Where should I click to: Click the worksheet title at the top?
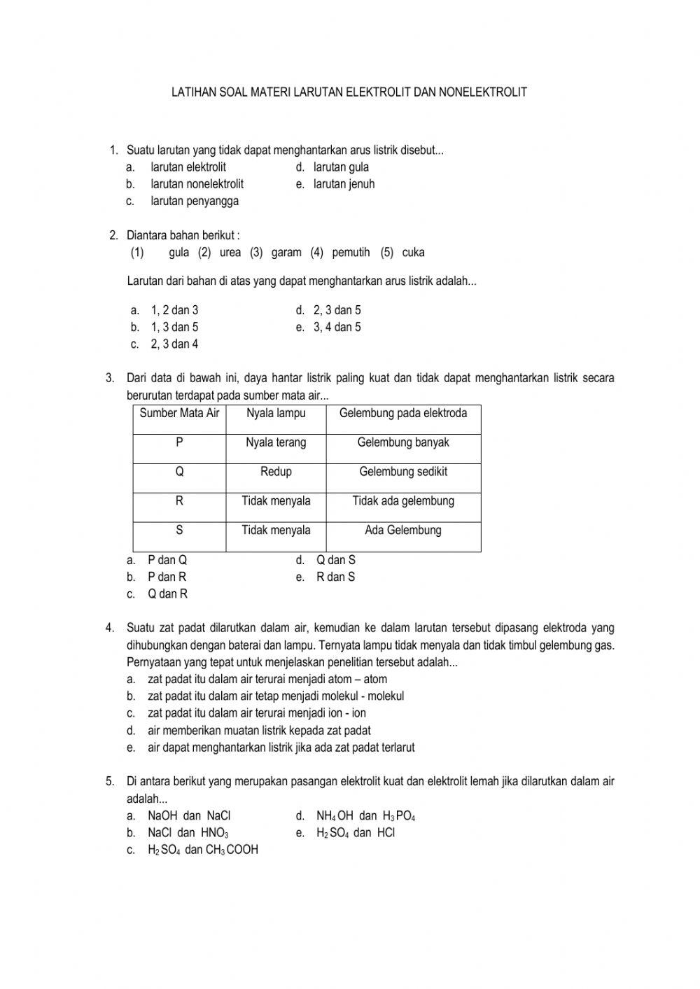(349, 92)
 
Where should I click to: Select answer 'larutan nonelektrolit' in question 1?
(197, 184)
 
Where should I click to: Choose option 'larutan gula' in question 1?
(341, 167)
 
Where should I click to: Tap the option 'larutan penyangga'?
(195, 201)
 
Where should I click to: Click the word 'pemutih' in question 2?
(351, 253)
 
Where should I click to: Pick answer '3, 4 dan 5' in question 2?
(337, 327)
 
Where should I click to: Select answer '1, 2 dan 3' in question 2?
(174, 310)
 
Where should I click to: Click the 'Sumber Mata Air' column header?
(179, 413)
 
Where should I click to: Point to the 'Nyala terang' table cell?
(276, 442)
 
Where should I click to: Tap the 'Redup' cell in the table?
(276, 472)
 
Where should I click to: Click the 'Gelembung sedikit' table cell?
(403, 472)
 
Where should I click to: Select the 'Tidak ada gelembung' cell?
(403, 501)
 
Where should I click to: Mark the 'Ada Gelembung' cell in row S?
(403, 531)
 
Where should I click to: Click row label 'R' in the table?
(179, 501)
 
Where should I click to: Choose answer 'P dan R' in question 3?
(167, 577)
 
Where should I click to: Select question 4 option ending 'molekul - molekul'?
(275, 696)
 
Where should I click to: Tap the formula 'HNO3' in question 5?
(214, 833)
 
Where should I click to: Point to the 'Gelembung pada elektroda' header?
(403, 413)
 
